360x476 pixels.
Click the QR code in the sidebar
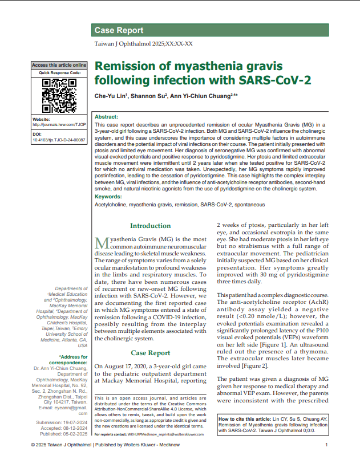59,95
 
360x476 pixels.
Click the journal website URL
59,124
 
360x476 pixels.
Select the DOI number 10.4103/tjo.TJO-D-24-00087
59,139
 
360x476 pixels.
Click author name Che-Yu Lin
111,96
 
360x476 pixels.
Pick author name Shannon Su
149,96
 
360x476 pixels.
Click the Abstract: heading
106,116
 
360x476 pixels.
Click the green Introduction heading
150,226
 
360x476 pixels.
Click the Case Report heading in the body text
150,353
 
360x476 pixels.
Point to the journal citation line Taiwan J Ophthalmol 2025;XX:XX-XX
143,44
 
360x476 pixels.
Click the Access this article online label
59,65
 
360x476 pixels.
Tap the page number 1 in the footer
326,445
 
